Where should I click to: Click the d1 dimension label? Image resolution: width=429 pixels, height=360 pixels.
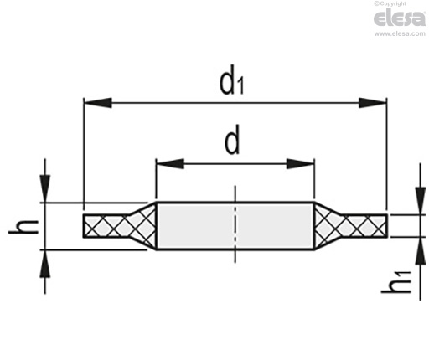pyautogui.click(x=231, y=80)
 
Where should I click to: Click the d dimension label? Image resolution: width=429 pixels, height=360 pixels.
pyautogui.click(x=232, y=140)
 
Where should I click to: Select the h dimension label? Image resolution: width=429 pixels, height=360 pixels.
pyautogui.click(x=23, y=227)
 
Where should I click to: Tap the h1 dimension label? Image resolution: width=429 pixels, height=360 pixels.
pyautogui.click(x=396, y=282)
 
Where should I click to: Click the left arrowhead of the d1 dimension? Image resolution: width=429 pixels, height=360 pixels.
pyautogui.click(x=98, y=103)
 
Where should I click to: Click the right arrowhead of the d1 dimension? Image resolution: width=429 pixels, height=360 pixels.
pyautogui.click(x=373, y=103)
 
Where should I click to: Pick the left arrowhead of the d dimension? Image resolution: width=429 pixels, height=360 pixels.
pyautogui.click(x=170, y=163)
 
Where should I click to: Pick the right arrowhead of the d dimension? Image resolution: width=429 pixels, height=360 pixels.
pyautogui.click(x=301, y=163)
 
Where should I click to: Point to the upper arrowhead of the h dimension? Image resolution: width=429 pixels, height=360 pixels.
pyautogui.click(x=44, y=188)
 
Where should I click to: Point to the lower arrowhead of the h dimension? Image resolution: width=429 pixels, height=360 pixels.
pyautogui.click(x=44, y=264)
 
